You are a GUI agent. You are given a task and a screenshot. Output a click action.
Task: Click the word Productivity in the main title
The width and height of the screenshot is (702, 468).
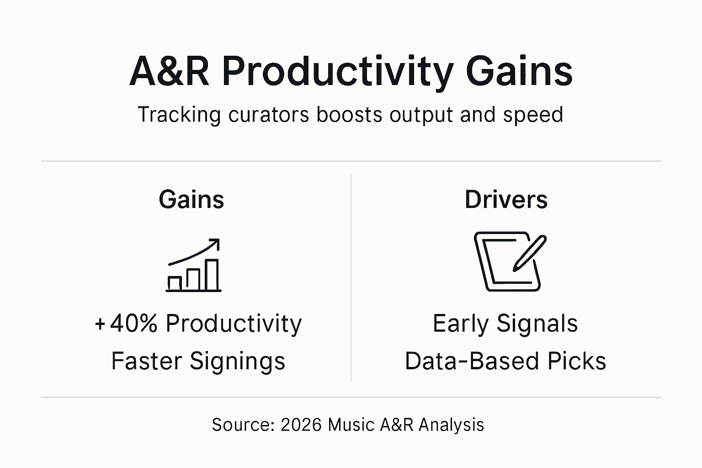click(338, 72)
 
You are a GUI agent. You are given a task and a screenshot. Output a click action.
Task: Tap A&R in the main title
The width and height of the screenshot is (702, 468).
click(170, 72)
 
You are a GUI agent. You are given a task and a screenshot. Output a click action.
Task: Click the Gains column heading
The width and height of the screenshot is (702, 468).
click(191, 200)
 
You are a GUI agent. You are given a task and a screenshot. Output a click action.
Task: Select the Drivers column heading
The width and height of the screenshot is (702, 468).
click(506, 200)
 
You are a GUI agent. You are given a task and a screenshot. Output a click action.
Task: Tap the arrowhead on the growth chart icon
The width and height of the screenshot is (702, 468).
click(215, 243)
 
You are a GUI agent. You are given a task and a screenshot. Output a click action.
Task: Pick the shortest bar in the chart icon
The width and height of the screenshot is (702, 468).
click(175, 283)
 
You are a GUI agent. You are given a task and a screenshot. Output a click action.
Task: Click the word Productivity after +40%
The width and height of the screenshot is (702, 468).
click(234, 324)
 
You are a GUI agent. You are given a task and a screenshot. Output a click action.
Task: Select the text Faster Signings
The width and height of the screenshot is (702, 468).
click(198, 361)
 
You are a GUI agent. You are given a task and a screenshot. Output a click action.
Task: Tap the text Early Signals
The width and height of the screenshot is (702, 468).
click(505, 324)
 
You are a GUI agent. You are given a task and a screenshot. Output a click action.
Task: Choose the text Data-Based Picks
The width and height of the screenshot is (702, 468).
click(505, 361)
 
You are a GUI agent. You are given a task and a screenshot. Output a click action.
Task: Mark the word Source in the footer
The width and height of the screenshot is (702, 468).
click(242, 425)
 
